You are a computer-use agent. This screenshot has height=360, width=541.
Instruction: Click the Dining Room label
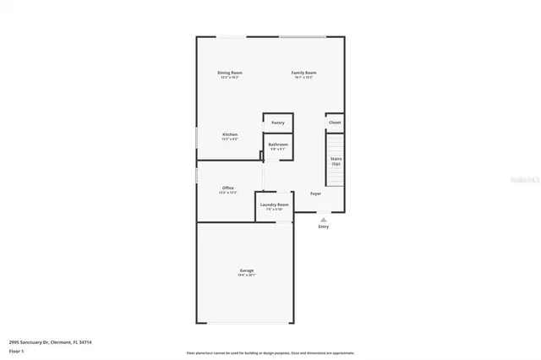[230, 73]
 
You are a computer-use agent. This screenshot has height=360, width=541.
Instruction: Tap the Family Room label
[303, 73]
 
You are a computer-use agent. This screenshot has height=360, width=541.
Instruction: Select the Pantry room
[278, 123]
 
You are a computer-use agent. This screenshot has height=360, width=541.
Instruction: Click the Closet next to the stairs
[335, 123]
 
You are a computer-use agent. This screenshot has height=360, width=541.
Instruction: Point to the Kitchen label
[230, 134]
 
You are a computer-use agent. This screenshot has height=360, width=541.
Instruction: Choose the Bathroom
[278, 145]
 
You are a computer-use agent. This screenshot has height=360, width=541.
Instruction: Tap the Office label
[228, 188]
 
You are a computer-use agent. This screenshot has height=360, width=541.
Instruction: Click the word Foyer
[315, 194]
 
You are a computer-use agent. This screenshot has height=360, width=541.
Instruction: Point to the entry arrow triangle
[323, 219]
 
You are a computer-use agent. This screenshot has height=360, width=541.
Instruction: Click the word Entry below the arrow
[323, 226]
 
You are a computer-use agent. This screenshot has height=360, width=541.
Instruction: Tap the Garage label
[246, 270]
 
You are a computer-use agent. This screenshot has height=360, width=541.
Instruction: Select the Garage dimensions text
[246, 275]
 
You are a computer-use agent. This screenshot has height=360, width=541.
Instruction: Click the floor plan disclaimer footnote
[270, 353]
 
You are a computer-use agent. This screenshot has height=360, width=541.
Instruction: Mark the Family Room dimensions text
[303, 78]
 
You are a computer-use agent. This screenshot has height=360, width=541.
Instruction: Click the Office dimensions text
[228, 193]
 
